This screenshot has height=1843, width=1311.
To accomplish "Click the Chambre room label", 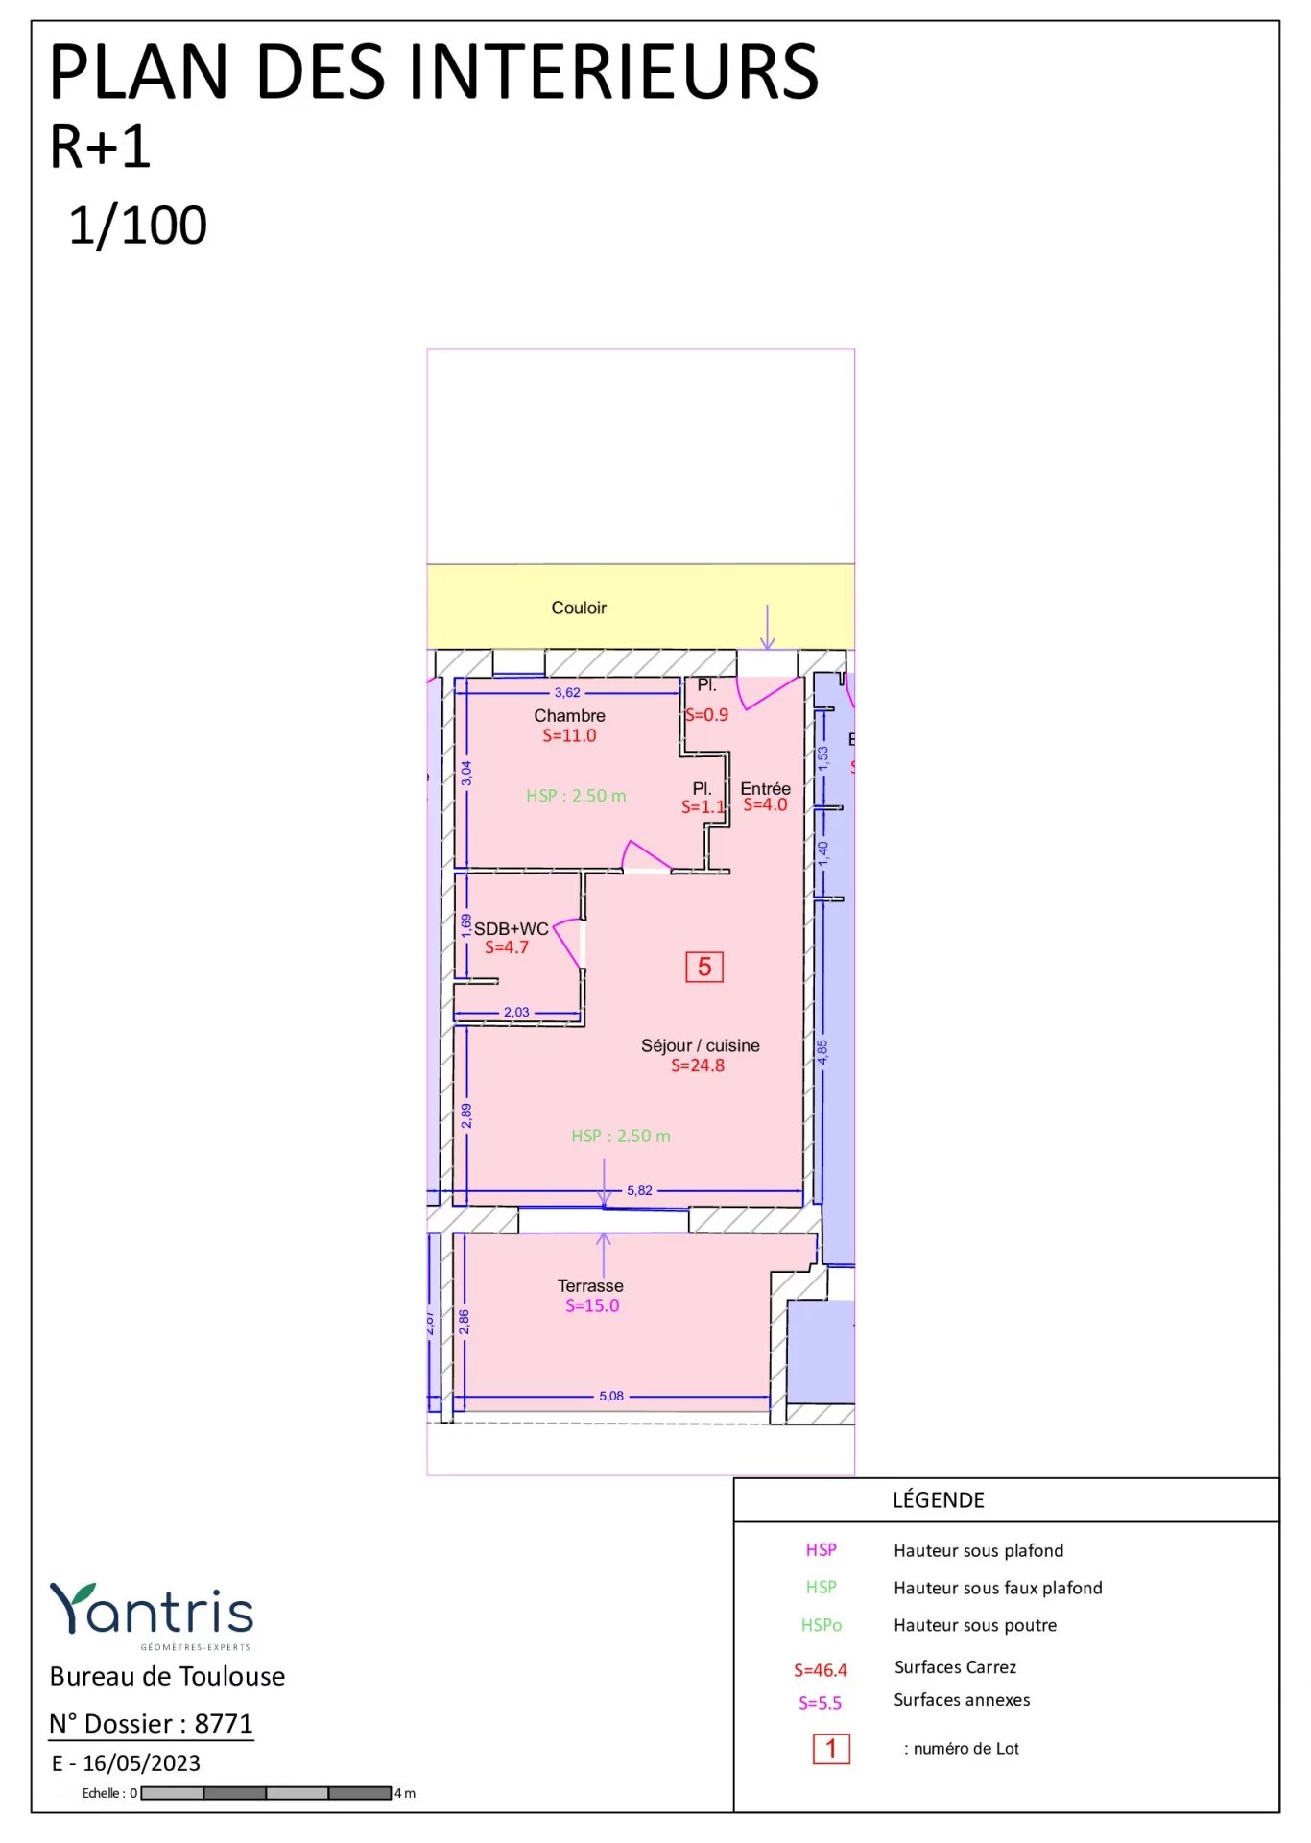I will click(569, 716).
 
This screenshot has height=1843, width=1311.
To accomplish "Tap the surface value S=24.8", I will click(698, 1065).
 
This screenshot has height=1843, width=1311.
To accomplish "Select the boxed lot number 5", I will click(703, 967).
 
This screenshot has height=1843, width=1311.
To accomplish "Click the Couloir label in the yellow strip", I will click(579, 608).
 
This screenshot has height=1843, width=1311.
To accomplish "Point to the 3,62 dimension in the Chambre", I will click(567, 693).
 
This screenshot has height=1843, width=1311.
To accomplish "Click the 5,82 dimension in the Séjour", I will click(639, 1190).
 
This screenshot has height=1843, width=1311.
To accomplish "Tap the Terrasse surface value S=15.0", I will click(592, 1305).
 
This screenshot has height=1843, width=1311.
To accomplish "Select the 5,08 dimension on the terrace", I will click(611, 1396).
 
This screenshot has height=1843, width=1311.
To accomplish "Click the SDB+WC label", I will click(511, 928).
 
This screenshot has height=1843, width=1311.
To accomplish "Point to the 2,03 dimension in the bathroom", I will click(516, 1012).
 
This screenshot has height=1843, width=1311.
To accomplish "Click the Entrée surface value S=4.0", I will click(765, 805).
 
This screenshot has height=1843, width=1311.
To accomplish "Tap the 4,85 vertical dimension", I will click(822, 1051).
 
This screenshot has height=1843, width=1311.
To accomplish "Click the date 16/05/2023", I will click(141, 1763).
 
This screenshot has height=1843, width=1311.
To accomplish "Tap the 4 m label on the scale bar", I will click(405, 1793).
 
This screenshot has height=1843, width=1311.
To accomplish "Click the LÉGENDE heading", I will click(938, 1500).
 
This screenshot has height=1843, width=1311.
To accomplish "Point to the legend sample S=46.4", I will click(821, 1670).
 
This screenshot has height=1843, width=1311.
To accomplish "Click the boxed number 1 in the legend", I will click(831, 1749).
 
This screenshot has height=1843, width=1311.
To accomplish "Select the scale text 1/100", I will click(138, 227).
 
